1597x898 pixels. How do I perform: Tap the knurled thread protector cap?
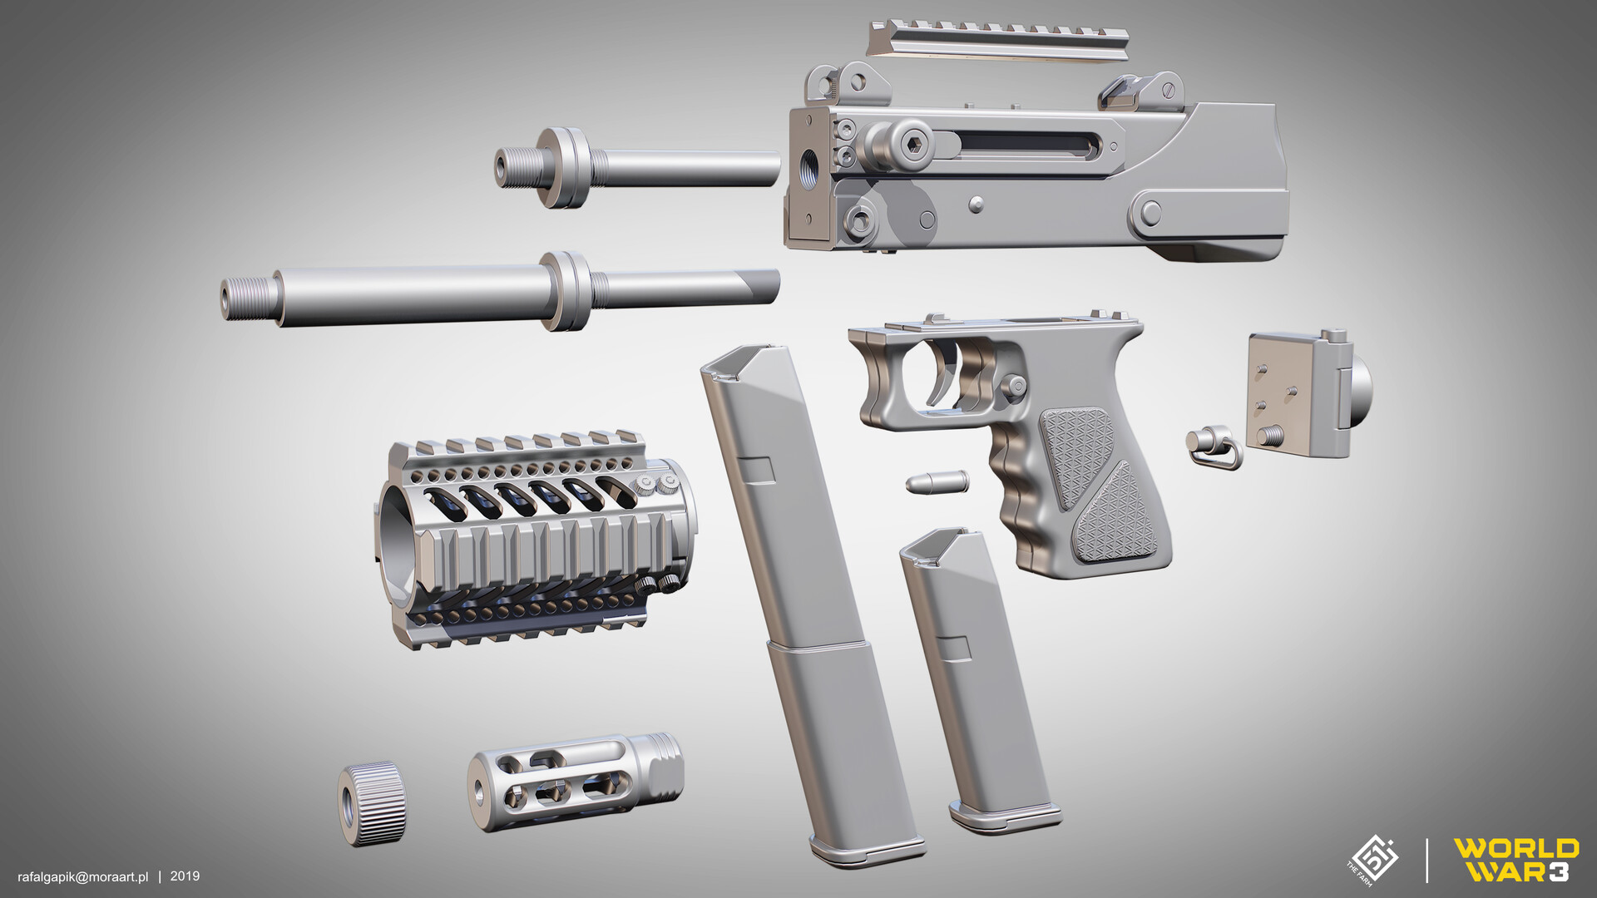pyautogui.click(x=372, y=803)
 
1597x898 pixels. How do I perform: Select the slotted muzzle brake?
pyautogui.click(x=574, y=781)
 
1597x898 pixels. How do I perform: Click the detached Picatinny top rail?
pyautogui.click(x=997, y=41)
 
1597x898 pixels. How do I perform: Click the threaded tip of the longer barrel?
pyautogui.click(x=249, y=297)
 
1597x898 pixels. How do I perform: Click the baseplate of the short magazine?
pyautogui.click(x=1006, y=816)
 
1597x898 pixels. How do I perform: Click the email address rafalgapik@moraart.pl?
pyautogui.click(x=83, y=876)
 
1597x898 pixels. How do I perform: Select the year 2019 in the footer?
pyautogui.click(x=185, y=876)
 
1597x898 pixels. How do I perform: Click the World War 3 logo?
pyautogui.click(x=1515, y=860)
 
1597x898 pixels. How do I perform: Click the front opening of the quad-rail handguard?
pyautogui.click(x=398, y=540)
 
